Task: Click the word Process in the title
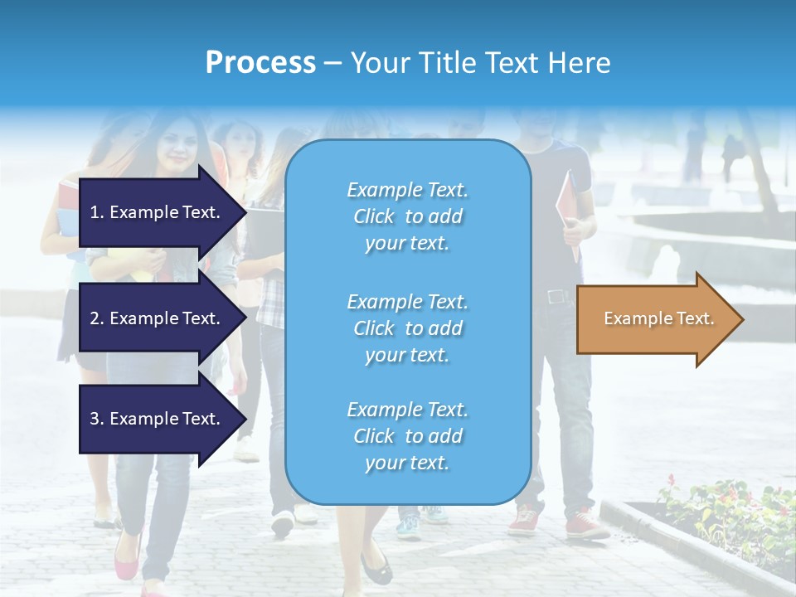(260, 62)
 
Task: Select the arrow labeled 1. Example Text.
(158, 212)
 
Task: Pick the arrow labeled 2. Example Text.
(158, 318)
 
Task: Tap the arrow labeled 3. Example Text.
(158, 419)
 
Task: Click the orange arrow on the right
(655, 319)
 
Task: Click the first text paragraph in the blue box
(407, 216)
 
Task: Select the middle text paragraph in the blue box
(407, 328)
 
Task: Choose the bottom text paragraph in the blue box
(407, 436)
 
